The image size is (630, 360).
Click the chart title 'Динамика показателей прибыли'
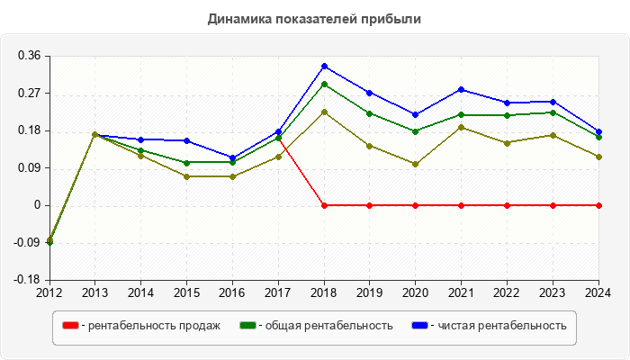click(314, 18)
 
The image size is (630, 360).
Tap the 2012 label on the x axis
click(49, 292)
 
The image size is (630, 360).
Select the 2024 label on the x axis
click(598, 292)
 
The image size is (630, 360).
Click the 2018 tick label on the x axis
click(324, 292)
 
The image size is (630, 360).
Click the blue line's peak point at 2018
click(324, 66)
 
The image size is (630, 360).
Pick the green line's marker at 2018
click(324, 84)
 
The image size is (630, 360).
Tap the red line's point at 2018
click(324, 205)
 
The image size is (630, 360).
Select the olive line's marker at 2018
click(324, 112)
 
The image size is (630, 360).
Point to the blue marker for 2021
click(462, 89)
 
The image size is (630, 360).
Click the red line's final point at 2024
click(598, 205)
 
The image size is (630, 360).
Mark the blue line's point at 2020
click(416, 114)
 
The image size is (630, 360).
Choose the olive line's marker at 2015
click(186, 176)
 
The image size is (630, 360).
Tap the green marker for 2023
click(553, 112)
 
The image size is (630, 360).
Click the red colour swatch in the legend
click(69, 325)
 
